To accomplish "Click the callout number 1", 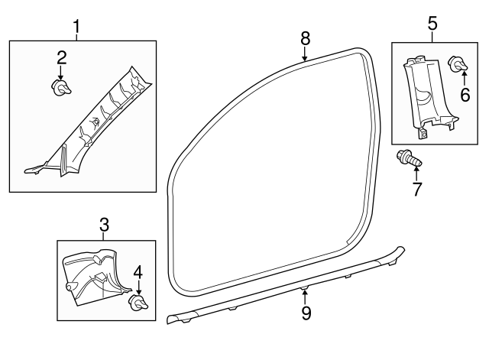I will coord(76,28).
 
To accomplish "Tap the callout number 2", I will coord(62,57).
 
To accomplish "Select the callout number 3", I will coord(105,225).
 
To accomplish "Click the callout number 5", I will coord(432,23).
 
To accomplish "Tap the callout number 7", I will coord(417,190).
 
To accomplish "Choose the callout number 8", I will coord(305,37).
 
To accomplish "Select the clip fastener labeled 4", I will coord(138,304).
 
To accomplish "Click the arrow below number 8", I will coord(305,54).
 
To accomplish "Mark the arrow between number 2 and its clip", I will coord(62,73).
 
